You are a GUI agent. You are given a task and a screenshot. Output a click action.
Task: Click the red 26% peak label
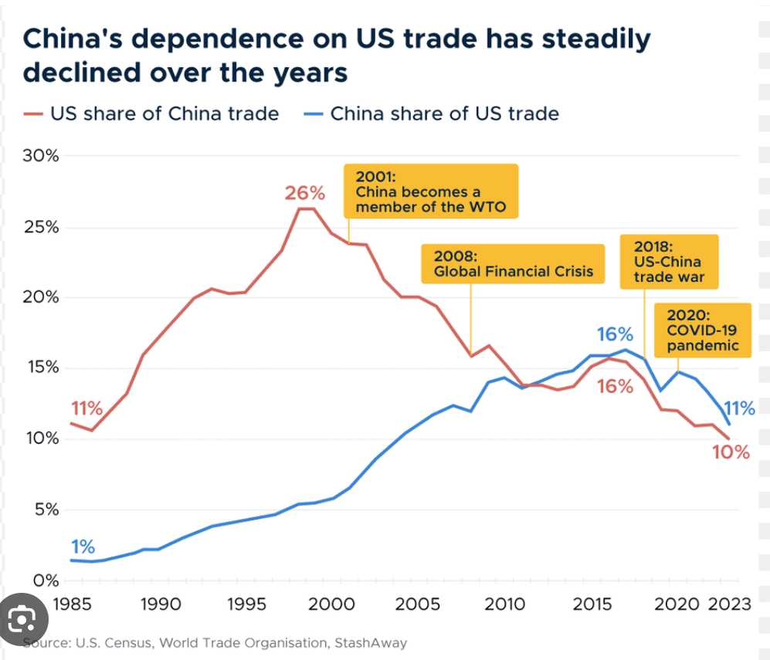pyautogui.click(x=305, y=193)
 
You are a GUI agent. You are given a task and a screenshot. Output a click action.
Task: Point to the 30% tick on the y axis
pyautogui.click(x=40, y=156)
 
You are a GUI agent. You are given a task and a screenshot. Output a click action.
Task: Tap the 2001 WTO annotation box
pyautogui.click(x=430, y=190)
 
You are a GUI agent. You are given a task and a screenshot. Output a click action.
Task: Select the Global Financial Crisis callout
pyautogui.click(x=513, y=263)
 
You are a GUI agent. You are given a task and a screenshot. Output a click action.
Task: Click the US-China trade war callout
pyautogui.click(x=669, y=262)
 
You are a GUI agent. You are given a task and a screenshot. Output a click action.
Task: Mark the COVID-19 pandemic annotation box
pyautogui.click(x=702, y=330)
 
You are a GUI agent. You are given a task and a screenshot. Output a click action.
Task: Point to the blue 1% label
pyautogui.click(x=83, y=547)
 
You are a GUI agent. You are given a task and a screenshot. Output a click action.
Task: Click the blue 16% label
pyautogui.click(x=615, y=334)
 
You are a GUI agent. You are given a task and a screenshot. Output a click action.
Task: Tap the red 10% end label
pyautogui.click(x=731, y=452)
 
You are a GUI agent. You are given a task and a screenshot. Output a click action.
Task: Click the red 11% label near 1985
pyautogui.click(x=86, y=408)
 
